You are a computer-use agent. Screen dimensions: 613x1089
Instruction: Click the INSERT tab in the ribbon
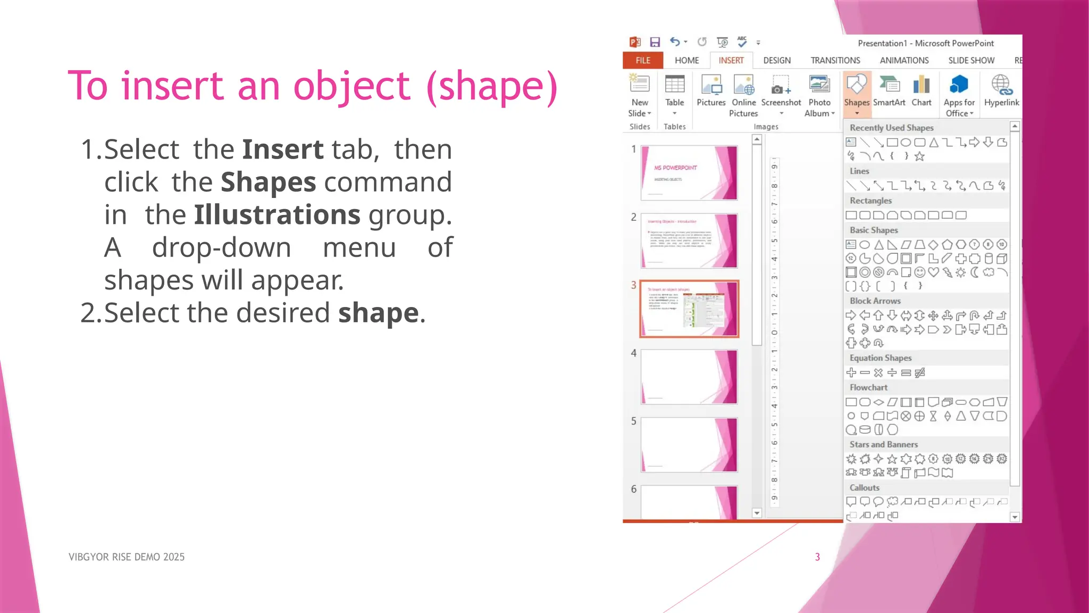click(x=731, y=61)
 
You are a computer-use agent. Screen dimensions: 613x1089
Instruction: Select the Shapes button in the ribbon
click(x=857, y=93)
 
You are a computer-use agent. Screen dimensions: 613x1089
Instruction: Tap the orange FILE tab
click(x=643, y=61)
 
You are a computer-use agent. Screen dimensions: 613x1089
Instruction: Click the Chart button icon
click(x=922, y=85)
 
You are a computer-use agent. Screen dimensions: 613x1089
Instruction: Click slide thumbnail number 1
click(x=689, y=173)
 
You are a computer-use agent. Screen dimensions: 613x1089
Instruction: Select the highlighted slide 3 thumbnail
click(x=689, y=309)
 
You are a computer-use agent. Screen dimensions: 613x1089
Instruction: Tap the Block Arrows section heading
click(x=875, y=301)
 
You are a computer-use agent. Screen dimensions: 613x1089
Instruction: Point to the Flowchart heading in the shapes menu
click(x=868, y=387)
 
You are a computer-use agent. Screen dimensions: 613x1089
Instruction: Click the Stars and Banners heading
click(x=884, y=444)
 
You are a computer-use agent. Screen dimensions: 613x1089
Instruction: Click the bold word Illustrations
click(x=277, y=215)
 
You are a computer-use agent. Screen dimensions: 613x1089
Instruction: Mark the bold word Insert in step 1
click(x=282, y=150)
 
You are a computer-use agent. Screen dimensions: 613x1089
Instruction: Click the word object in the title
click(x=351, y=86)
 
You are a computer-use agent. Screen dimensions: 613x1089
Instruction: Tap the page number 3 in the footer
click(x=817, y=557)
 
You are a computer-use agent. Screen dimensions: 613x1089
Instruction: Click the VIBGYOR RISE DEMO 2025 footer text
click(x=127, y=557)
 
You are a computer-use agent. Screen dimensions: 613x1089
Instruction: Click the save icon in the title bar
click(x=655, y=42)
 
